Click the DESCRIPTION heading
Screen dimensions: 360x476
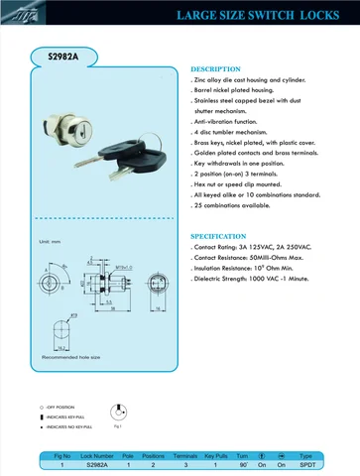coord(215,68)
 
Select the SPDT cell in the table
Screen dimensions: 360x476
coord(305,464)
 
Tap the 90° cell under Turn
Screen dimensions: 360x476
coord(241,464)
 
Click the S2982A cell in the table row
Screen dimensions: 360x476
coord(96,464)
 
